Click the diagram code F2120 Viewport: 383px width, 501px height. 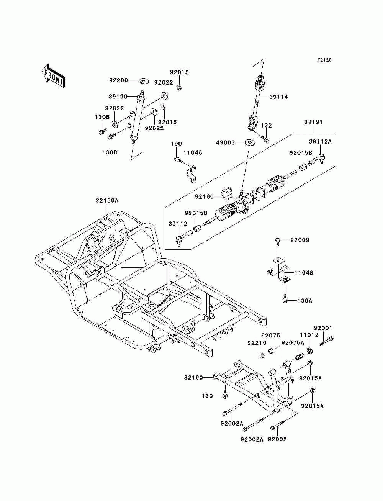[324, 60]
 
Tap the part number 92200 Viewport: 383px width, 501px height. [118, 80]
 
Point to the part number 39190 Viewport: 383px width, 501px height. [118, 97]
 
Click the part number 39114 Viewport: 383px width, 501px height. [279, 97]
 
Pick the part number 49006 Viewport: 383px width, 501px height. [225, 142]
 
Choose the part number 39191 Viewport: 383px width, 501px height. [313, 122]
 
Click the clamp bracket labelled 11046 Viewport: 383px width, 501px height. [191, 174]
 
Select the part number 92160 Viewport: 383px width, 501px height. [204, 196]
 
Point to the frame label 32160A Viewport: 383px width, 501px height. [107, 201]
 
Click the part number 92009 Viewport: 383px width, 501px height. [300, 240]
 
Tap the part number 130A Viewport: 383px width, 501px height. [305, 301]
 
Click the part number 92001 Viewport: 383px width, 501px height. [323, 328]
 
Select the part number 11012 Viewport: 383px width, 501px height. [309, 335]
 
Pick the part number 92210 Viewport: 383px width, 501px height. [257, 343]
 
